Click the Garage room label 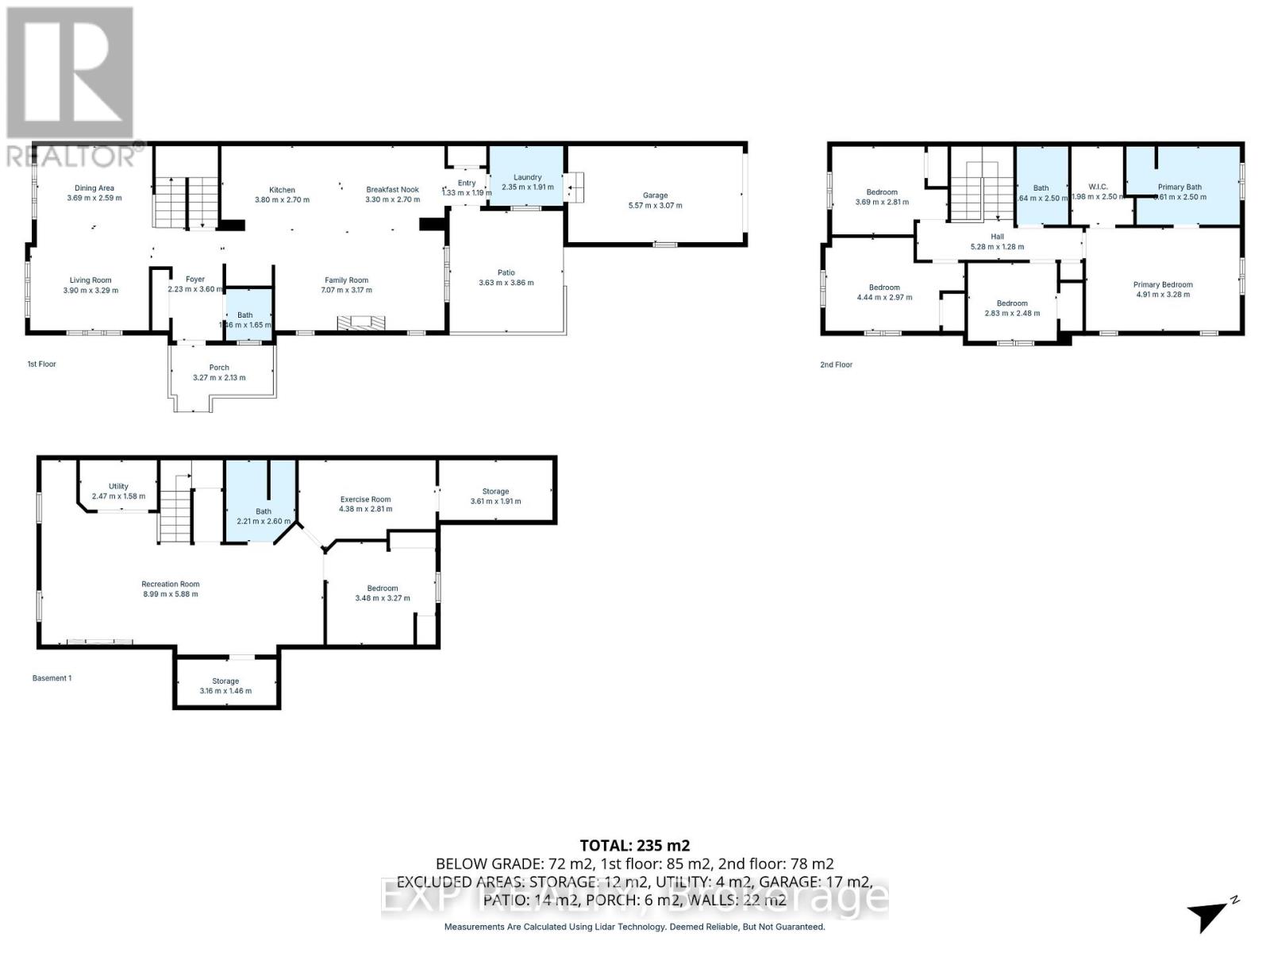[x=655, y=195]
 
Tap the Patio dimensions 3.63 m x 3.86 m [x=506, y=283]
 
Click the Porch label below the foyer [x=219, y=368]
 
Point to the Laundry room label [x=527, y=177]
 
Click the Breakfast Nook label [x=392, y=190]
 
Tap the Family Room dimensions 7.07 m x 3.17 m [x=346, y=290]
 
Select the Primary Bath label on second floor [x=1179, y=187]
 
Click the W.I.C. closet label [x=1098, y=187]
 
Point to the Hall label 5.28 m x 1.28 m [x=997, y=237]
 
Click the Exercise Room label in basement [x=365, y=500]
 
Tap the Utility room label [x=118, y=486]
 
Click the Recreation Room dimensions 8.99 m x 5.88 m [x=170, y=594]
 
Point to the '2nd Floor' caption [x=836, y=365]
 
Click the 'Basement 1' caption [x=52, y=678]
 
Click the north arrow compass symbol [x=1211, y=916]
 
